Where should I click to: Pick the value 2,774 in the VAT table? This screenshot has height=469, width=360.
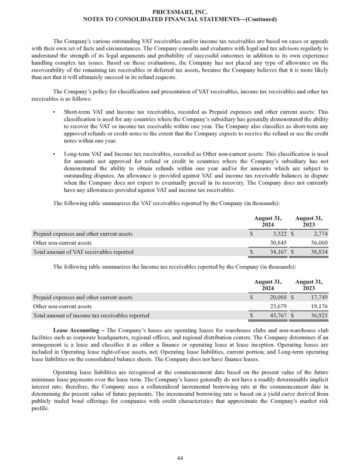tap(317, 233)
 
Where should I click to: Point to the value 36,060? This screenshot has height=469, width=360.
tap(315, 242)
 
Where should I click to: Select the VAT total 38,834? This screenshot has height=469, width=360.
tap(315, 252)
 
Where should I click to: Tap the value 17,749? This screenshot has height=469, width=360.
tap(315, 296)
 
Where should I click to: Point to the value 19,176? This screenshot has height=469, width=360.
tap(315, 305)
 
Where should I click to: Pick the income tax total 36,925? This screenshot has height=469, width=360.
tap(315, 315)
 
